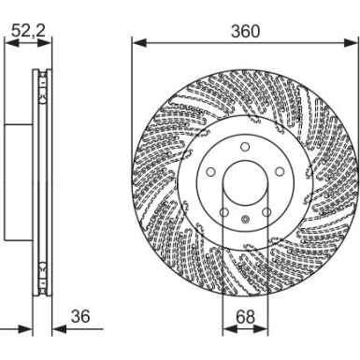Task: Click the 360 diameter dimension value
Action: pyautogui.click(x=246, y=31)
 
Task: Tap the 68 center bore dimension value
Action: pyautogui.click(x=245, y=317)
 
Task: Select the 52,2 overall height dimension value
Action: pyautogui.click(x=27, y=31)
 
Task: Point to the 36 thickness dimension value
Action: pyautogui.click(x=80, y=317)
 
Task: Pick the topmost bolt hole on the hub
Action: pyautogui.click(x=245, y=148)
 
